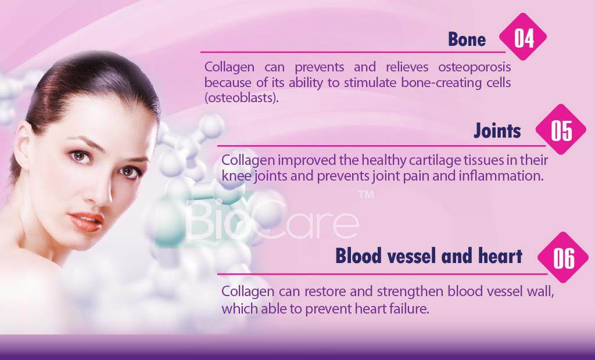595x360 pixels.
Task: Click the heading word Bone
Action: (467, 39)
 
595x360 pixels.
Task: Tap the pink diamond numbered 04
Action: (523, 37)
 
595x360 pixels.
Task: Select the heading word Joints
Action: (497, 131)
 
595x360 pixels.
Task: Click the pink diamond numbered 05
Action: (561, 129)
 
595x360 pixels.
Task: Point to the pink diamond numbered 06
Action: (563, 258)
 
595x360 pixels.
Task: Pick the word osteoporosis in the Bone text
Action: (474, 67)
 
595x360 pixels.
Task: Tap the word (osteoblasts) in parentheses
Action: (241, 98)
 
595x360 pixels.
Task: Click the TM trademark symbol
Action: (366, 195)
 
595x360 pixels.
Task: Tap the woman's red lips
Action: (87, 221)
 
